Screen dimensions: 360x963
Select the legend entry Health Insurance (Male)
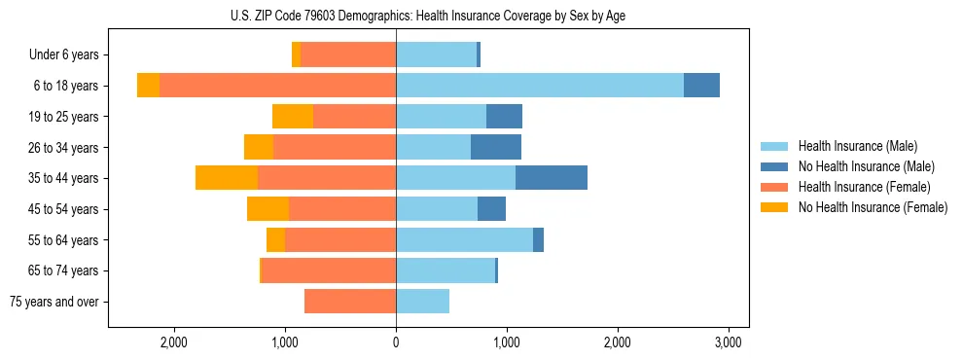[x=857, y=146]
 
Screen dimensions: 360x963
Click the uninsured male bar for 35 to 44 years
[x=552, y=178]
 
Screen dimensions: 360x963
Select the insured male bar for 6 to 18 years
[x=540, y=86]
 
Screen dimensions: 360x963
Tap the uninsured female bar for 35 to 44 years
[x=227, y=178]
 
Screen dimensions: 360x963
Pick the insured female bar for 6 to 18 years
[x=277, y=86]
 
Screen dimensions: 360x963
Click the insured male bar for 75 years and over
[x=422, y=302]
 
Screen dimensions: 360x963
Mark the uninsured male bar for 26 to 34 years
[x=496, y=147]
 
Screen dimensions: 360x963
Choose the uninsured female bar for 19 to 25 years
[x=293, y=117]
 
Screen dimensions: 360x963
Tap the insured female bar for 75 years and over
[x=350, y=302]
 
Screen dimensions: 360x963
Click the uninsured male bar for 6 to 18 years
[x=701, y=86]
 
